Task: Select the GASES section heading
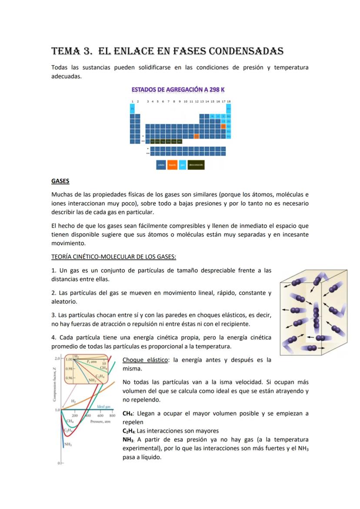60,181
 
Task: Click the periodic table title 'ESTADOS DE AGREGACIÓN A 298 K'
178,90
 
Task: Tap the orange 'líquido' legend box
172,165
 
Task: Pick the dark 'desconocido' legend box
196,165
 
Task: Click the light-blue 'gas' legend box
183,165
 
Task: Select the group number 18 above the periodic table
229,101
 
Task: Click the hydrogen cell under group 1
132,108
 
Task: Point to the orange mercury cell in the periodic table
197,136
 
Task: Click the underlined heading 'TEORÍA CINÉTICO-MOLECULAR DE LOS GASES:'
113,257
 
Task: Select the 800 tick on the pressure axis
112,416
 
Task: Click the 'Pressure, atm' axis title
100,421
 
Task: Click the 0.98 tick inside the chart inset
69,369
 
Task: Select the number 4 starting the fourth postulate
53,338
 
